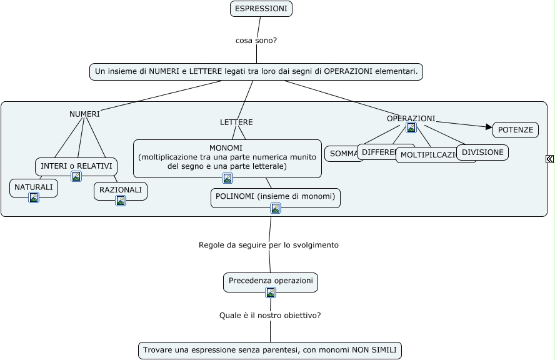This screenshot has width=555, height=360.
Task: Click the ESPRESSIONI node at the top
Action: pos(261,9)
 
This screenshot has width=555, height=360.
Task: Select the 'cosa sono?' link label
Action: pos(256,41)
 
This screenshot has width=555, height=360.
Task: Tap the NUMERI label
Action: pos(84,114)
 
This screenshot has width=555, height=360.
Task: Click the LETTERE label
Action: pos(236,122)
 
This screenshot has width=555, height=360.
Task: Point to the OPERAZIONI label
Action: pos(411,119)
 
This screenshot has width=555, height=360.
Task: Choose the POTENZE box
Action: pos(516,130)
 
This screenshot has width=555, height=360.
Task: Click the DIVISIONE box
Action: pos(482,152)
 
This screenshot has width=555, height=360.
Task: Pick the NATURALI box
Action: pos(34,187)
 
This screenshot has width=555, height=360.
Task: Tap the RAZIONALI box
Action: pos(121,190)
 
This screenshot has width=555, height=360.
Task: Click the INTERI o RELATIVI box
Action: pos(76,166)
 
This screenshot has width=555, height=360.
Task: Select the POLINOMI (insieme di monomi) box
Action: pos(276,196)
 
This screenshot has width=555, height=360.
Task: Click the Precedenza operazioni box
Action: pos(271,281)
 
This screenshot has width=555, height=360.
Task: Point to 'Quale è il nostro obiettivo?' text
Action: pos(270,316)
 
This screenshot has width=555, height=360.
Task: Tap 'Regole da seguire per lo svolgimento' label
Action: pos(269,245)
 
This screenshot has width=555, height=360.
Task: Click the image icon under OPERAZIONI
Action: pos(411,127)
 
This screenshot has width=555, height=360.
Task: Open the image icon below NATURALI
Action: pos(34,197)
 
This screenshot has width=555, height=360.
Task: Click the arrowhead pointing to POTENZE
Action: pos(489,127)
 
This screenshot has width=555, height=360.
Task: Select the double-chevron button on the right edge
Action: pos(549,159)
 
